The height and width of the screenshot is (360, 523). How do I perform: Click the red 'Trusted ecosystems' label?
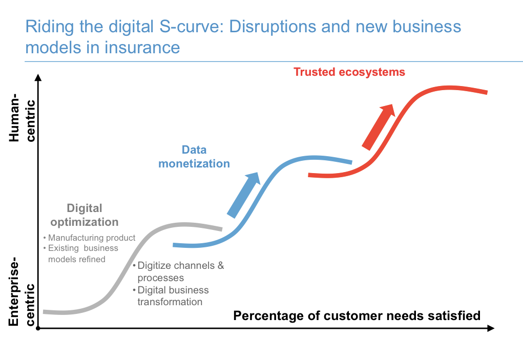(349, 72)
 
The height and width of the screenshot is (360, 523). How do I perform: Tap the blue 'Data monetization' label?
(194, 157)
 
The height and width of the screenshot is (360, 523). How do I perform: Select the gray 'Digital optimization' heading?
(85, 215)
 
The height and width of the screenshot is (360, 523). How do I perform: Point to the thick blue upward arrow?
(244, 195)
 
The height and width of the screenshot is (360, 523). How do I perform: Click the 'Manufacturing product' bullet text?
(89, 238)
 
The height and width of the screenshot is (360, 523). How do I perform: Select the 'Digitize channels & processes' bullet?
(178, 271)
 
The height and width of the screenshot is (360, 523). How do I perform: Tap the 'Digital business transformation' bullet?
(171, 295)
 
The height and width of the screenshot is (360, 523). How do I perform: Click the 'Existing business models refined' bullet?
(81, 253)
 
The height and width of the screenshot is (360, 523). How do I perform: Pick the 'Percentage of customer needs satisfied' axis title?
(357, 315)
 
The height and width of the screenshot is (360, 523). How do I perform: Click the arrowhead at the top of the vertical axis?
(38, 77)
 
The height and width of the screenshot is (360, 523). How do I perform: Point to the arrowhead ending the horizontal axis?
(491, 328)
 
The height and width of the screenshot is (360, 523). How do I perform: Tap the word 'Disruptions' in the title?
(273, 27)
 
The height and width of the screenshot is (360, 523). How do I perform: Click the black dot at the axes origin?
(38, 328)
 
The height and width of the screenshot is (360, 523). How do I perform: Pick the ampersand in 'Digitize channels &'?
(221, 266)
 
